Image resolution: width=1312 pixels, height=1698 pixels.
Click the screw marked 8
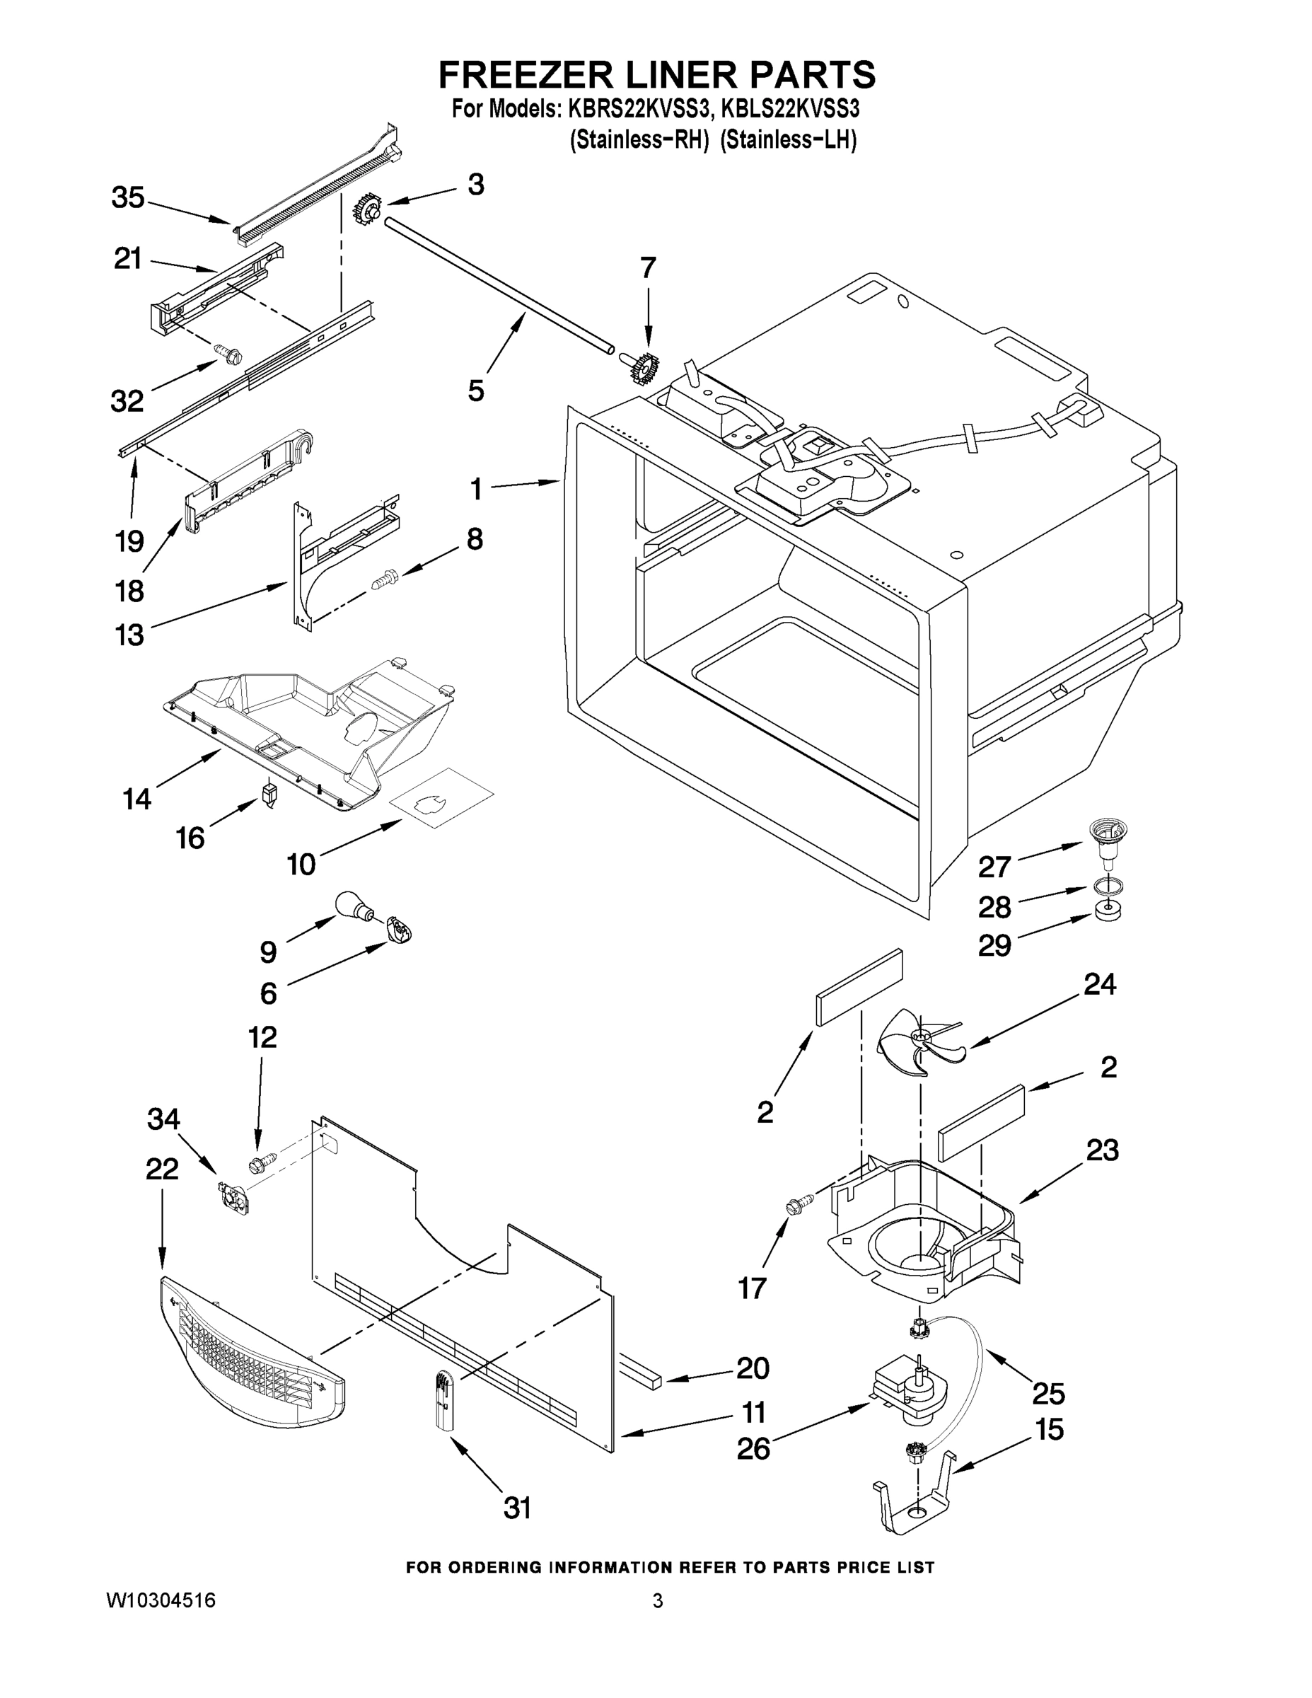[x=385, y=579]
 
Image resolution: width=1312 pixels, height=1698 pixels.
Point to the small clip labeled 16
[x=269, y=794]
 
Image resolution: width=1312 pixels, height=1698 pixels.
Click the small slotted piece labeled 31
[x=443, y=1400]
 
